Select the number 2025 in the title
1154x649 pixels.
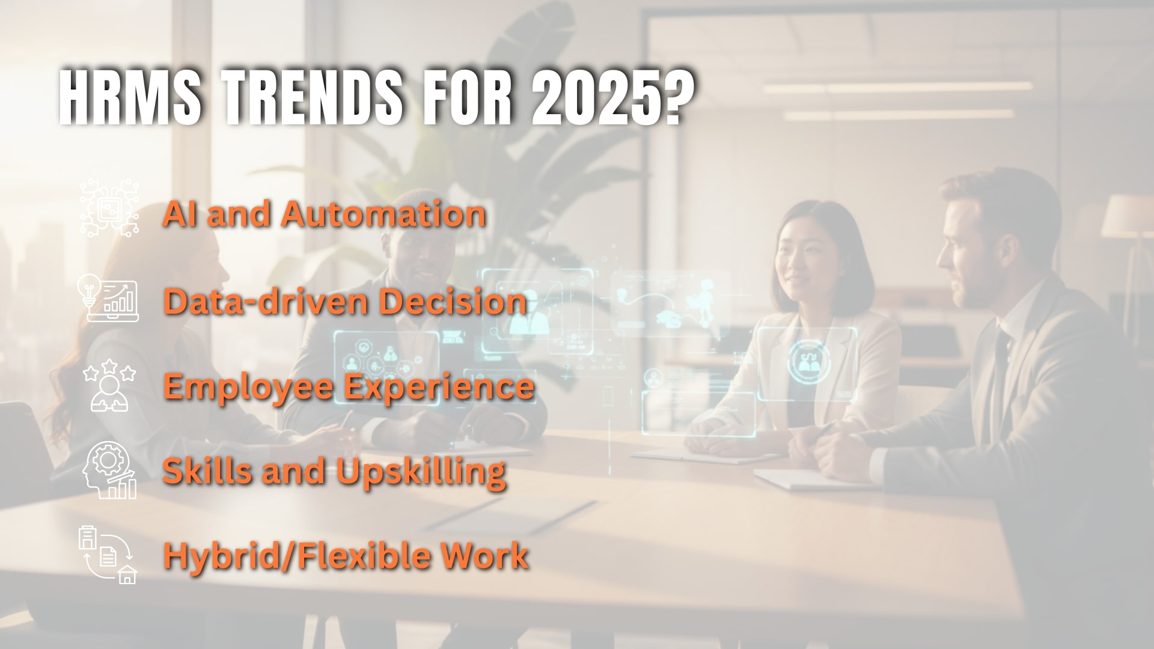point(592,96)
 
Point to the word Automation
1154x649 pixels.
point(383,214)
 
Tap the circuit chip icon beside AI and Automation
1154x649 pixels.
point(109,208)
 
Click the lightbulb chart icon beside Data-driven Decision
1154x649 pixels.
point(108,298)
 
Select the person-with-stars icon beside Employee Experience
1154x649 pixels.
point(109,386)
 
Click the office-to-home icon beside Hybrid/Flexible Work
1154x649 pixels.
point(108,555)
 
